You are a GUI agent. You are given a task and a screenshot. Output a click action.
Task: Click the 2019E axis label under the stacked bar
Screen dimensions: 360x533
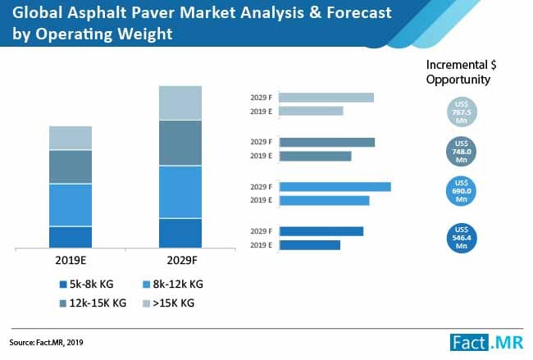pos(71,260)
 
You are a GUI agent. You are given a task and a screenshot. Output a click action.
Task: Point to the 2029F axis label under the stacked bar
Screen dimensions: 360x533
pos(180,260)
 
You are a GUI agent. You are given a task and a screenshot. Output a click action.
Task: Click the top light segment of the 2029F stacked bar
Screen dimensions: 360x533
pos(180,103)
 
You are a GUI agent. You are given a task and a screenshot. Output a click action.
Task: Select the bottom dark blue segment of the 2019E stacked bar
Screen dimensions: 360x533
pos(71,237)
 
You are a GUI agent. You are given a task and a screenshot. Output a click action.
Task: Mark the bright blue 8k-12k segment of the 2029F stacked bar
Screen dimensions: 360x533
pos(180,192)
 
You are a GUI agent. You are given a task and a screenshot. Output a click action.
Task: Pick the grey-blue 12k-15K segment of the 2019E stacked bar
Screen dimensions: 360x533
pos(71,166)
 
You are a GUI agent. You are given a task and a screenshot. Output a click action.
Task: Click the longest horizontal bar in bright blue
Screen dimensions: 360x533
pos(334,186)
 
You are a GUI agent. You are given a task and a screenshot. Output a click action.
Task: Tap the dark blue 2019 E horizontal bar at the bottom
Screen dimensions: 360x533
pos(308,244)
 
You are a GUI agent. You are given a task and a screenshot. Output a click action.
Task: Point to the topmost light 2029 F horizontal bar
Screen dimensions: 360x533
pos(326,98)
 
